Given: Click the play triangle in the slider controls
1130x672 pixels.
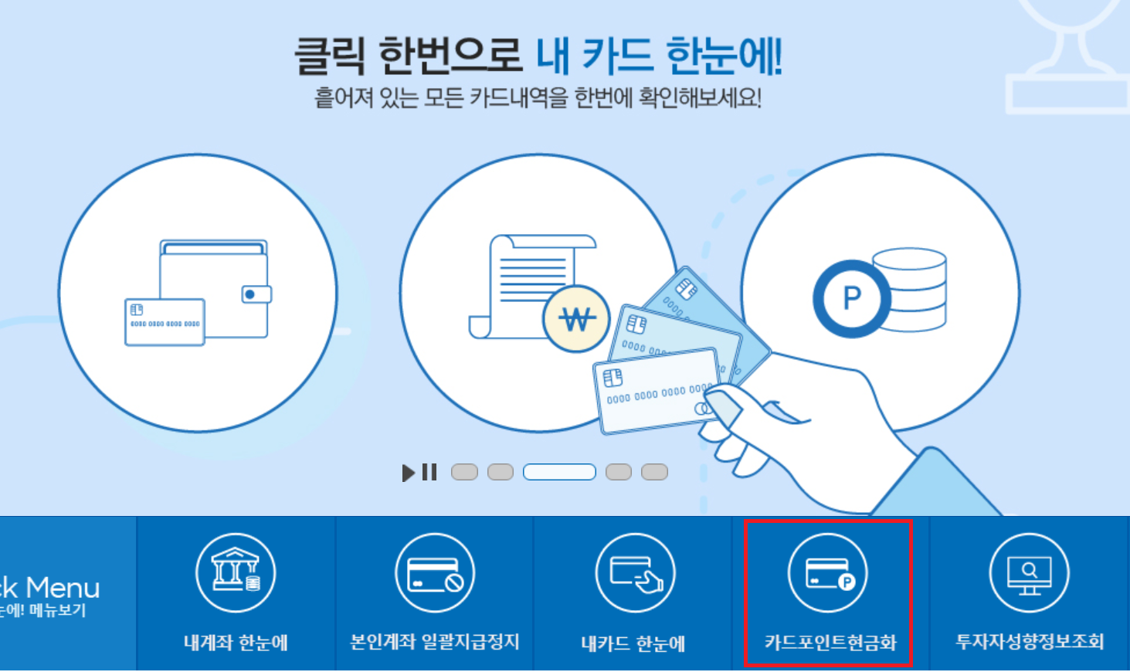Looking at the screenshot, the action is (x=409, y=472).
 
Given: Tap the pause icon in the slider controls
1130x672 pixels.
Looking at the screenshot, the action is (x=429, y=472).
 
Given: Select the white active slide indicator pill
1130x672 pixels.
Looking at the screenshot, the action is (x=559, y=472).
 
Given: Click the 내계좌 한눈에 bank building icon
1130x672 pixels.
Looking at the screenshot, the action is (x=236, y=572).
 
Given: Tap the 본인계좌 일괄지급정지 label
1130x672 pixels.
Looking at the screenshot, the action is (x=435, y=642).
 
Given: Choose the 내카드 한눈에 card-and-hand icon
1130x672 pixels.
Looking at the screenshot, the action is (x=635, y=573).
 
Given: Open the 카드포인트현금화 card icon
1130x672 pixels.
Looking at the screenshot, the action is (x=828, y=573).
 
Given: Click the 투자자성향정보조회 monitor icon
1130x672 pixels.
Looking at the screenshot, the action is (x=1029, y=573).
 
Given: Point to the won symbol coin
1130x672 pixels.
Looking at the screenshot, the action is (x=576, y=318).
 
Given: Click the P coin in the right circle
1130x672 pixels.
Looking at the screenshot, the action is (x=851, y=298).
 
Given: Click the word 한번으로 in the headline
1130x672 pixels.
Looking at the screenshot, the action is (x=450, y=56).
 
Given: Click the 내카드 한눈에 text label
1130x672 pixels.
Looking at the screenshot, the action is (x=633, y=643).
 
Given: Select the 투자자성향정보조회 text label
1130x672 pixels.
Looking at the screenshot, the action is (x=1030, y=642).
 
